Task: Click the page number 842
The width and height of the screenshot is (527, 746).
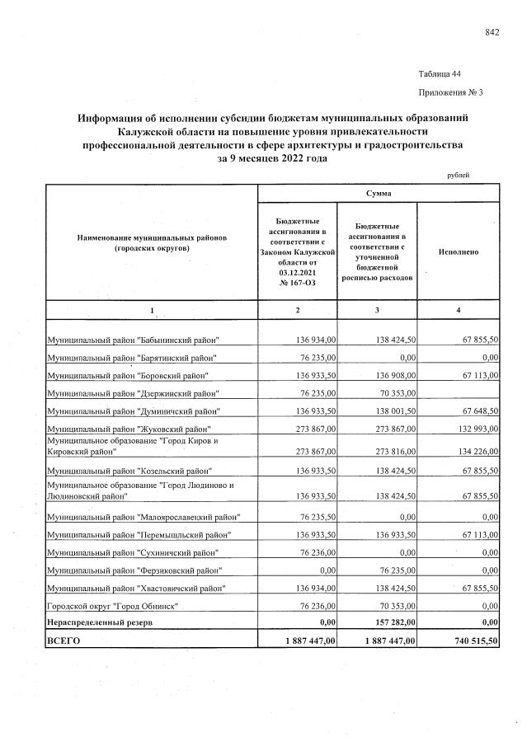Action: coord(492,32)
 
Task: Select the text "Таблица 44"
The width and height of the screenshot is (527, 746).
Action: coord(440,74)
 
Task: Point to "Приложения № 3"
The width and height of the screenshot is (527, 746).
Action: coord(450,92)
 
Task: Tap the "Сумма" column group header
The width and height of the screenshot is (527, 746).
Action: coord(379,193)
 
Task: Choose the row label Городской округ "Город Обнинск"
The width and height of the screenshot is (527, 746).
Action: coord(112,606)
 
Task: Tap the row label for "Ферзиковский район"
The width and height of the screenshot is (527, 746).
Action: coord(134,570)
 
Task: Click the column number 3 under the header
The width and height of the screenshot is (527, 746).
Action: coord(378,309)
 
